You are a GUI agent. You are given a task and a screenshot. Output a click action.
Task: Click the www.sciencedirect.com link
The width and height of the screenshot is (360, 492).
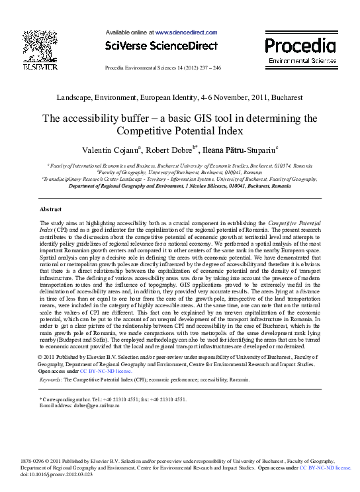pos(186,32)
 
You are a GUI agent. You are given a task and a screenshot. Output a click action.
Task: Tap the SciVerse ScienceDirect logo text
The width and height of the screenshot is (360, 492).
pos(161,46)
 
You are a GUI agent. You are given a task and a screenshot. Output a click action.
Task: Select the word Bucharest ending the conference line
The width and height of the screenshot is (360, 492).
pos(287,97)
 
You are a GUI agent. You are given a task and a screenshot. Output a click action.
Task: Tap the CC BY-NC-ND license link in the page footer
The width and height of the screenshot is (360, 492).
pos(325,467)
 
